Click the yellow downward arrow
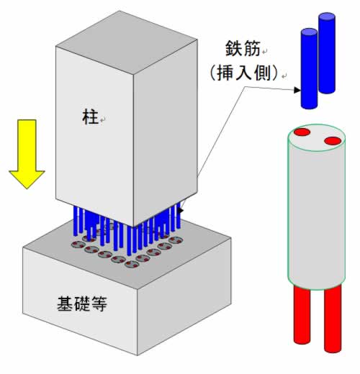27,153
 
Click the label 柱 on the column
91,117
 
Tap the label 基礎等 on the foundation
82,304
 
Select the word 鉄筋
243,48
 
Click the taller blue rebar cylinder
327,53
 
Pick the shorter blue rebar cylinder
309,69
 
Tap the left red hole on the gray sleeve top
302,132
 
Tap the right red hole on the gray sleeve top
333,141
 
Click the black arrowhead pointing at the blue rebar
297,90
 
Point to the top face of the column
127,42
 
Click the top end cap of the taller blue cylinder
327,17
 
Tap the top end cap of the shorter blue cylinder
309,32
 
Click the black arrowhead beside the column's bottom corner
181,210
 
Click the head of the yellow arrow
27,178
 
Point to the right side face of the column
166,133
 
